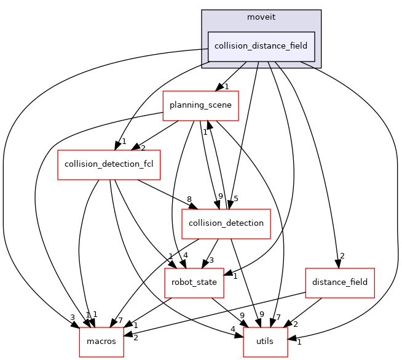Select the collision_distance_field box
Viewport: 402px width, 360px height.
261,46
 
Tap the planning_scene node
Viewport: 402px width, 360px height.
200,105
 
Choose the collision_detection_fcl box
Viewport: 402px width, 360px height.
109,164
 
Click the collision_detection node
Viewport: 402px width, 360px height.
226,223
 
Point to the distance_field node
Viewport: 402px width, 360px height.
340,282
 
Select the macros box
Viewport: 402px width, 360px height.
101,342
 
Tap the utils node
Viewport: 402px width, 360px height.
266,342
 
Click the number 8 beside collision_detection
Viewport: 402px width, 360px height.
189,199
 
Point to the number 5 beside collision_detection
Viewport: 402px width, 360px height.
236,198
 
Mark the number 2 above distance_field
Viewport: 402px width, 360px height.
342,257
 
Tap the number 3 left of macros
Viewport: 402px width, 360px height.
72,317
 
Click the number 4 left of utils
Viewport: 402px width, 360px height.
233,329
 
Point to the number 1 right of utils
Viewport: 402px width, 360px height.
299,342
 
